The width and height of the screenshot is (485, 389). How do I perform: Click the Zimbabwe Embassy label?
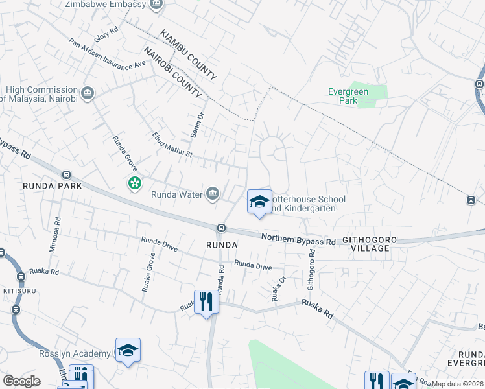pyautogui.click(x=104, y=5)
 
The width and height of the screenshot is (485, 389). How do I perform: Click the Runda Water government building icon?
pyautogui.click(x=213, y=193)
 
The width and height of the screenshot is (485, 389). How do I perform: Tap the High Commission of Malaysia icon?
pyautogui.click(x=88, y=93)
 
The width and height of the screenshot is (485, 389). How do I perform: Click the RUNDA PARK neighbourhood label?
pyautogui.click(x=52, y=186)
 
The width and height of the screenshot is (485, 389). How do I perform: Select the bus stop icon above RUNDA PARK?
pyautogui.click(x=66, y=174)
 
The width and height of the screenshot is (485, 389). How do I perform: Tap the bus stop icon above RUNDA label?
pyautogui.click(x=221, y=228)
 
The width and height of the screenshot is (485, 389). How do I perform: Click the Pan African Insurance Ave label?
pyautogui.click(x=108, y=56)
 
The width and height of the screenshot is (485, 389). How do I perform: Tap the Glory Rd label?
pyautogui.click(x=105, y=35)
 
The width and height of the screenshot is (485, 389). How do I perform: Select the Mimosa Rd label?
pyautogui.click(x=54, y=235)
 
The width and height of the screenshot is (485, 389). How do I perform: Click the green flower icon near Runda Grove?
pyautogui.click(x=134, y=184)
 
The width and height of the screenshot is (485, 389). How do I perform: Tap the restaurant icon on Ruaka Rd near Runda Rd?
pyautogui.click(x=206, y=301)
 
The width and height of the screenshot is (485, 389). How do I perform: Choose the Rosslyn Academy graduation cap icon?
pyautogui.click(x=128, y=350)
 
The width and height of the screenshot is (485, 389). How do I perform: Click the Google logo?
pyautogui.click(x=21, y=381)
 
